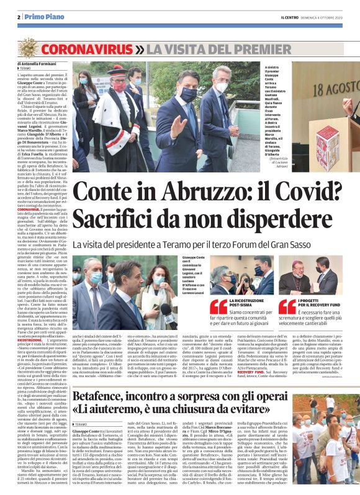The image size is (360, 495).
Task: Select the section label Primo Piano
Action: (x=42, y=17)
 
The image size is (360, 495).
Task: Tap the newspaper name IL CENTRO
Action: (x=281, y=17)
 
